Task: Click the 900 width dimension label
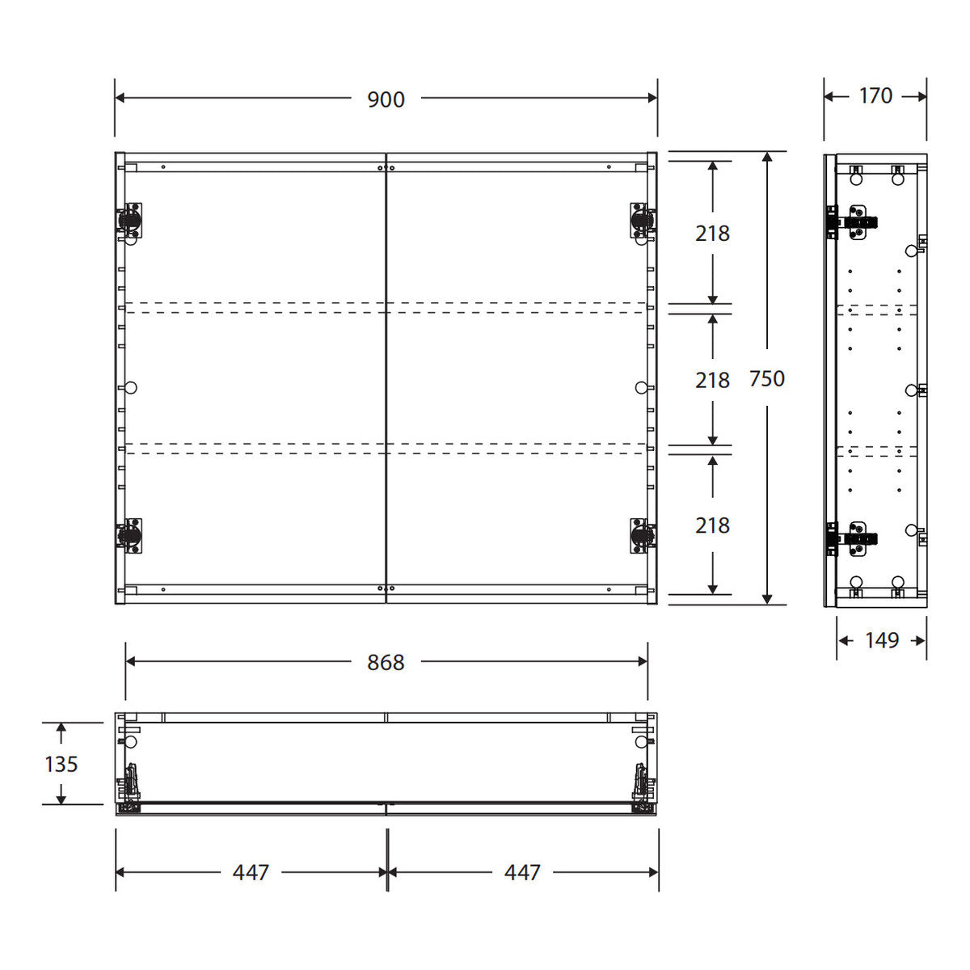(386, 99)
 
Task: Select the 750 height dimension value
(766, 379)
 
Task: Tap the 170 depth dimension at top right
(875, 95)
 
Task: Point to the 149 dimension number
(882, 640)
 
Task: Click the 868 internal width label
(386, 663)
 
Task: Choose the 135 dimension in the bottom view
(61, 764)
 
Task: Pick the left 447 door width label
(251, 872)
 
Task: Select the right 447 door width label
(522, 872)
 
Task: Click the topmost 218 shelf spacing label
(712, 234)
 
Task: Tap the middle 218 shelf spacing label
(712, 381)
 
